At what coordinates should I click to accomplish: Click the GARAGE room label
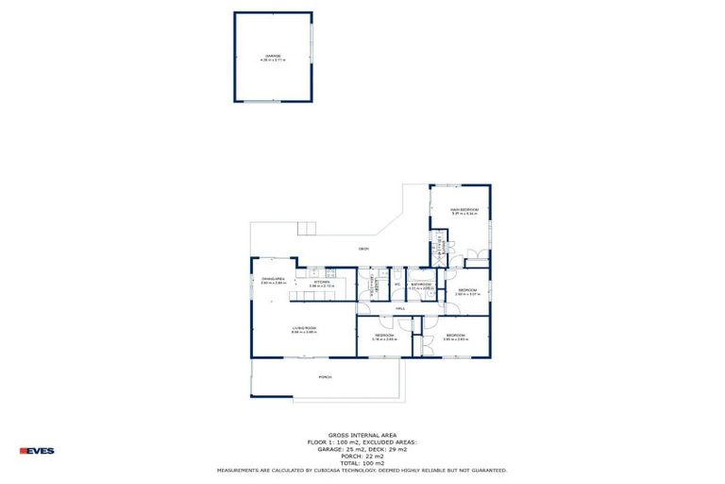click(x=272, y=56)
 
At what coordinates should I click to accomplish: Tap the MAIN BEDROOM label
click(x=464, y=210)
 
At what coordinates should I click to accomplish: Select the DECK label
click(x=363, y=249)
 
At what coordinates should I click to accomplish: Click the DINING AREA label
click(x=274, y=279)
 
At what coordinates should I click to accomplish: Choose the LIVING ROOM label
click(x=303, y=327)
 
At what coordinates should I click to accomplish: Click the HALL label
click(x=400, y=309)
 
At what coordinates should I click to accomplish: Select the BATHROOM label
click(x=421, y=284)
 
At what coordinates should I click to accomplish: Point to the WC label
click(x=397, y=284)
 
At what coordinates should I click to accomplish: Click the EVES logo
click(x=37, y=451)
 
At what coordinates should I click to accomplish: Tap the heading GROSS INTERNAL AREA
click(x=362, y=436)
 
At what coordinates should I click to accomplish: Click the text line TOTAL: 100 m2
click(x=362, y=463)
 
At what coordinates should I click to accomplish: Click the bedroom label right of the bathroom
click(x=467, y=289)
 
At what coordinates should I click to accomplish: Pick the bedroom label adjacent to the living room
click(x=383, y=335)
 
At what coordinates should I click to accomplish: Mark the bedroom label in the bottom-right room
click(x=456, y=335)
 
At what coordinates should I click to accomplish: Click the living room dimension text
click(x=303, y=332)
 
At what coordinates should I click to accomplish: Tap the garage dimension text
click(x=272, y=60)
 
